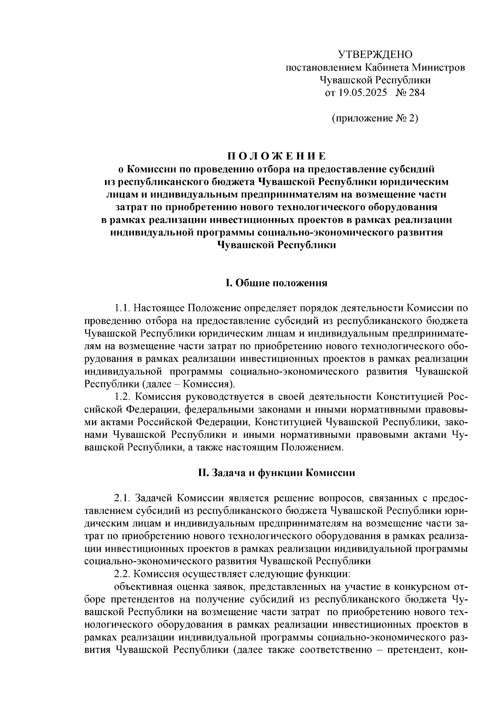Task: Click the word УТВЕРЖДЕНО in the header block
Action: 375,55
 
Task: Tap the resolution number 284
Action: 416,92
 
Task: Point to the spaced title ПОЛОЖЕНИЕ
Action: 276,157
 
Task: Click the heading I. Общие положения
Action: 276,283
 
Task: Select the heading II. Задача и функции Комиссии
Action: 276,473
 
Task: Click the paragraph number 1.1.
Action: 122,308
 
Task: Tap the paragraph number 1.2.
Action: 122,397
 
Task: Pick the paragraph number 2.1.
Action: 122,498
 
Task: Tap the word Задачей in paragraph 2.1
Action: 154,498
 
